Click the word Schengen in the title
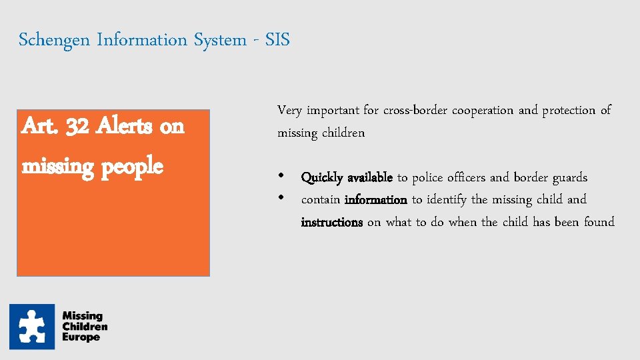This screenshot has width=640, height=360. pyautogui.click(x=55, y=41)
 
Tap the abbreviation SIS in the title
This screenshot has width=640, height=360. pyautogui.click(x=277, y=40)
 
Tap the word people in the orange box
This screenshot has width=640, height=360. pyautogui.click(x=132, y=165)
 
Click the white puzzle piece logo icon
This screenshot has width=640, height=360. pyautogui.click(x=32, y=327)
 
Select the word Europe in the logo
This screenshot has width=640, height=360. pyautogui.click(x=81, y=337)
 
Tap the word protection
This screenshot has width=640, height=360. pyautogui.click(x=569, y=111)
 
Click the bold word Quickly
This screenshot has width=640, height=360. pyautogui.click(x=322, y=178)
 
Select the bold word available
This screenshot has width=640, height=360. pyautogui.click(x=369, y=177)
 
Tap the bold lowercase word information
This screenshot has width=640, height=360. pyautogui.click(x=376, y=199)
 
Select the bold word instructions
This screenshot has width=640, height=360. pyautogui.click(x=331, y=222)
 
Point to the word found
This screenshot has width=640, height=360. pyautogui.click(x=598, y=222)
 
